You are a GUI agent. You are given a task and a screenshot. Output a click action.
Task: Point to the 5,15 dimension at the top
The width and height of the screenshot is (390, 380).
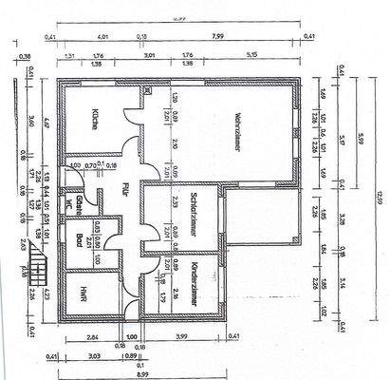[x=251, y=56]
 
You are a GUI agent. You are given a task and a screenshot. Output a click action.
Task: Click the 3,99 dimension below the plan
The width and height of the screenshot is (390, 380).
[x=181, y=336]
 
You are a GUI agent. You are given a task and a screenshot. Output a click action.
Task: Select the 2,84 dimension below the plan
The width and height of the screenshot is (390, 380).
[x=92, y=336]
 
